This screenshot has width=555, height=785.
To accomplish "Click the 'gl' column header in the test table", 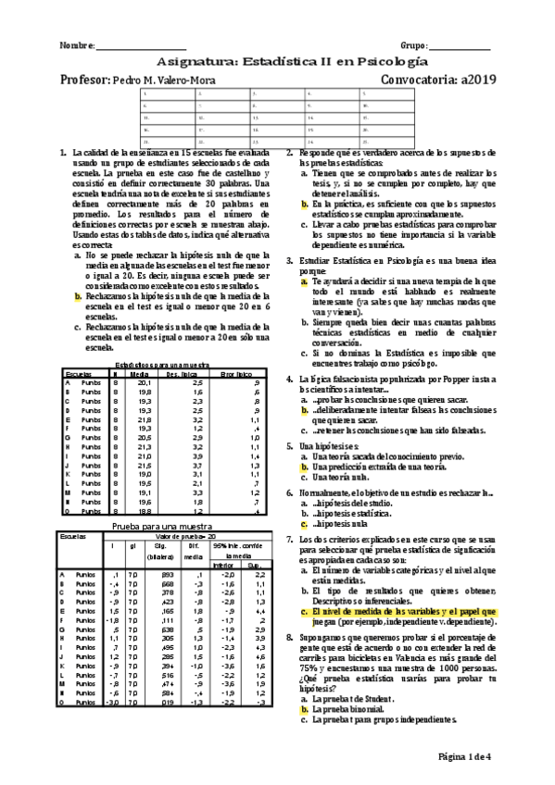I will click(x=132, y=546).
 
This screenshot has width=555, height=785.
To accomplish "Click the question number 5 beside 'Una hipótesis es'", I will click(x=290, y=445).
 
